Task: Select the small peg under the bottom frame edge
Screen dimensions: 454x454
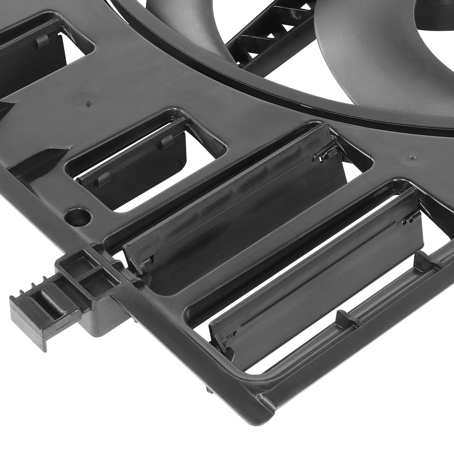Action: coord(209,390)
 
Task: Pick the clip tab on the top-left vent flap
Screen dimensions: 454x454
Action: coord(42,41)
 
